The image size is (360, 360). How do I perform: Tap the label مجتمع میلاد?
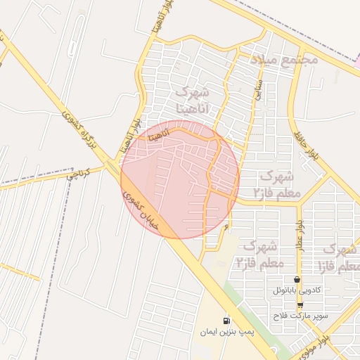pyautogui.click(x=284, y=60)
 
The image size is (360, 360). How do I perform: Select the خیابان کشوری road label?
pyautogui.click(x=150, y=212)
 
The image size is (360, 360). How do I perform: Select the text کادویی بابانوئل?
pyautogui.click(x=297, y=290)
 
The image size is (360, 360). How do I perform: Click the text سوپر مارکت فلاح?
pyautogui.click(x=302, y=316)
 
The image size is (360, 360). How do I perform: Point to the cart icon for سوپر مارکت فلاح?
pyautogui.click(x=300, y=306)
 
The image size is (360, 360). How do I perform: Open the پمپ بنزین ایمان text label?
pyautogui.click(x=226, y=330)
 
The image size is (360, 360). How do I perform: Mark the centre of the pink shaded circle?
pyautogui.click(x=180, y=179)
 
